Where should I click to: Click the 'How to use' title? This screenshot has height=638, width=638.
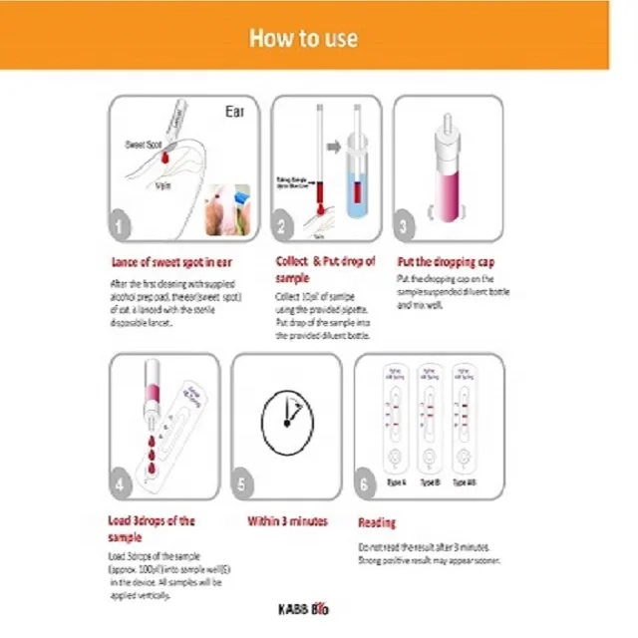click(x=303, y=38)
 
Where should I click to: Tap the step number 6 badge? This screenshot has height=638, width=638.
click(x=369, y=485)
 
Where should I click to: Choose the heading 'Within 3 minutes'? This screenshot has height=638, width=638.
click(x=288, y=521)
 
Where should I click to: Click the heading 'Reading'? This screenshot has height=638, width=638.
click(x=376, y=522)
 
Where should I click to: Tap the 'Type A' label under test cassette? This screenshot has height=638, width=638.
click(x=397, y=481)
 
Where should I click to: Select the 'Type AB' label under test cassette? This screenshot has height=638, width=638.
click(x=464, y=481)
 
